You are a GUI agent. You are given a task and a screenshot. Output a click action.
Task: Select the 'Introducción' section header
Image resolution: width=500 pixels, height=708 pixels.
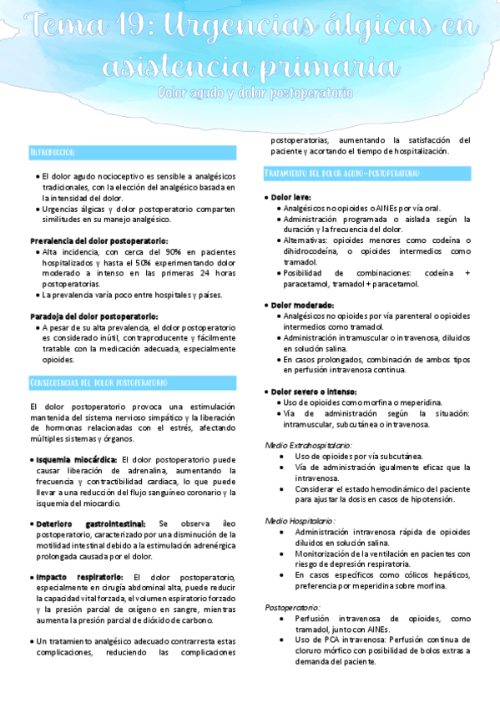coord(53,153)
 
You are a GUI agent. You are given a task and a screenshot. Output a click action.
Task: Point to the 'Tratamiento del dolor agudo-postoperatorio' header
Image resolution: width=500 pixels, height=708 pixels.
coord(341,174)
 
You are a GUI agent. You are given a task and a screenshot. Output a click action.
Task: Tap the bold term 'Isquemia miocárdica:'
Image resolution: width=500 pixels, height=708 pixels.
coord(77,459)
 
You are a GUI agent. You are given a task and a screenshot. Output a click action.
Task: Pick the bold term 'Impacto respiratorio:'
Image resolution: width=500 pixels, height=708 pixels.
coord(79,577)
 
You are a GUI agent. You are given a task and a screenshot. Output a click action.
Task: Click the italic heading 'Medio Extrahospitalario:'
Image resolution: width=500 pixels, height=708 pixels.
coord(308,446)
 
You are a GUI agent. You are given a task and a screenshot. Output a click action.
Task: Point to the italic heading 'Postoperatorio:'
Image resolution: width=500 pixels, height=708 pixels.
coord(292,607)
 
